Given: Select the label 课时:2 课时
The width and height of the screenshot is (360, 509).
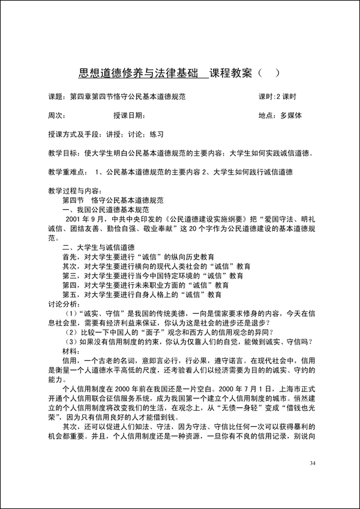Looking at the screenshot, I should click(x=277, y=97).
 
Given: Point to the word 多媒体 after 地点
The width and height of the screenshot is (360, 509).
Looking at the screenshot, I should click(x=290, y=115).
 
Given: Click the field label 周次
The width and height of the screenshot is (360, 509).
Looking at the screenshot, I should click(x=56, y=115).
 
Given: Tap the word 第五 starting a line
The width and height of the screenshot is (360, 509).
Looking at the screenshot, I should click(x=69, y=295).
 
